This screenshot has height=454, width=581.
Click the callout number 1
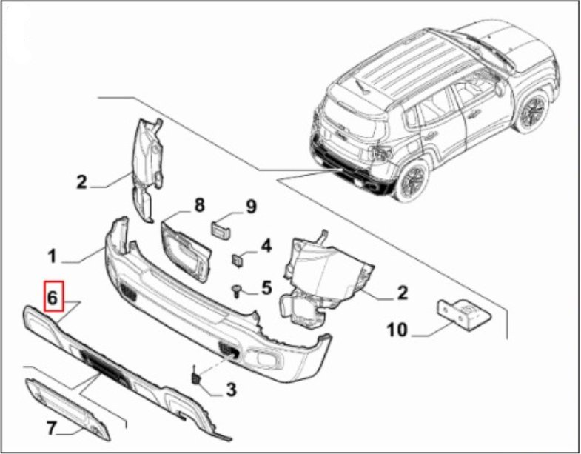53,256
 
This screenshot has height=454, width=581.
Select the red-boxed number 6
54,296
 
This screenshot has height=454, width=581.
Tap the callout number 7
52,429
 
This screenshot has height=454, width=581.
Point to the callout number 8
199,204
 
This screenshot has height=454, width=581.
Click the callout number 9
251,206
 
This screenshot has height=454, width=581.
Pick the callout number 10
397,330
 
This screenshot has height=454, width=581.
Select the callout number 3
231,389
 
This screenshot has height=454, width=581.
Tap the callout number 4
266,246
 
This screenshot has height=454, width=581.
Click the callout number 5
266,287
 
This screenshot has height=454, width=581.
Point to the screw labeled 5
236,291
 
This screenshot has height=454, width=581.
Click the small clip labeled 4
238,259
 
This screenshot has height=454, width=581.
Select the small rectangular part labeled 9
221,230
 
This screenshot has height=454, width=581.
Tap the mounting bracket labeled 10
465,315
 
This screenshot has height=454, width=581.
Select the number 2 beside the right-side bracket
402,293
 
